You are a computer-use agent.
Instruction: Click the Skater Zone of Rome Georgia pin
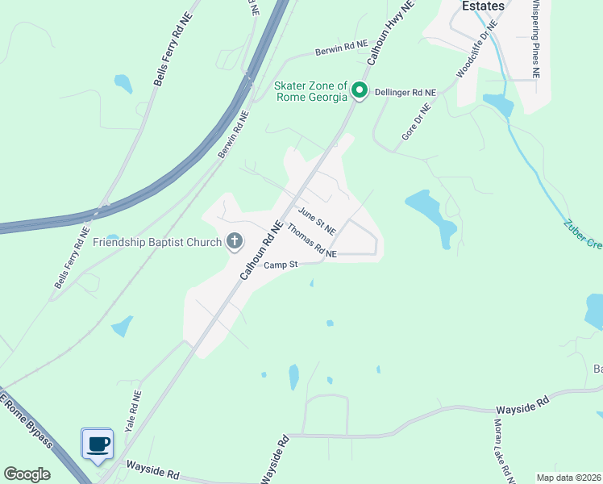[x=360, y=91]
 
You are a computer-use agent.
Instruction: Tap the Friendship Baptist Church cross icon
[x=235, y=241]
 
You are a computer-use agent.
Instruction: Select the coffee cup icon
[x=98, y=444]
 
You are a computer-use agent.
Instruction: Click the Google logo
[x=27, y=474]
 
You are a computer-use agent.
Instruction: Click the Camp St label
[x=282, y=264]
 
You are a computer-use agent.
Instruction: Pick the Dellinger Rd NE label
[x=406, y=93]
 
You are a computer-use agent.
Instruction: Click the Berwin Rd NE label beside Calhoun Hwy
[x=341, y=48]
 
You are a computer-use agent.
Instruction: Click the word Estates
[x=483, y=6]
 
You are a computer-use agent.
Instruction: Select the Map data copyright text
[x=568, y=478]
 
